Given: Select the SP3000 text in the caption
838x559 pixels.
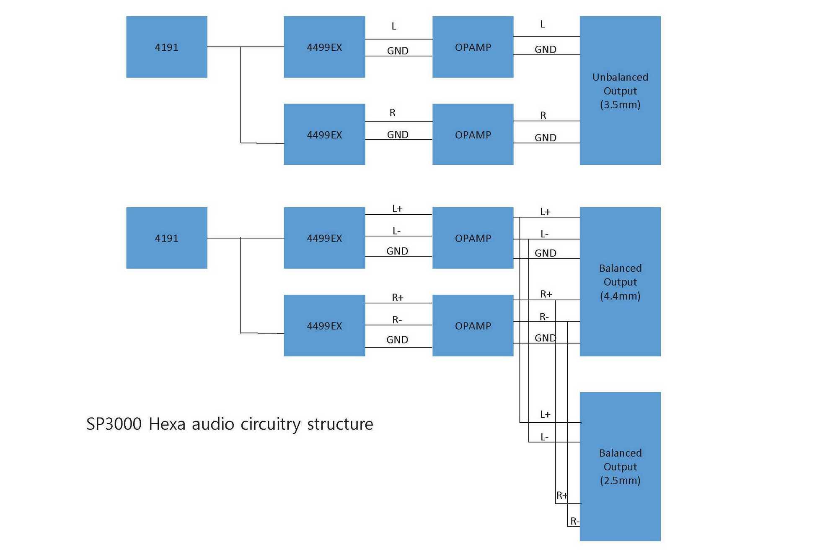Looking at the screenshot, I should point(114,424).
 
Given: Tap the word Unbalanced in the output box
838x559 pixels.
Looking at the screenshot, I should point(620,77).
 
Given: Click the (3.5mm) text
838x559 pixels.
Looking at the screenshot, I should point(620,104).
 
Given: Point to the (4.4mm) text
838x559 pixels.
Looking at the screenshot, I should point(620,296).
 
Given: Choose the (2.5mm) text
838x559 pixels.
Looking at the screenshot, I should point(620,480).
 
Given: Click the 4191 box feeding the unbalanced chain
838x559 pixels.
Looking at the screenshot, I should point(167,47).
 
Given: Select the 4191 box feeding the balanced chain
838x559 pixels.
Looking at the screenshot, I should point(167,238).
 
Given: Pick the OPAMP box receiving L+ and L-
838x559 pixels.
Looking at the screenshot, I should point(473,238).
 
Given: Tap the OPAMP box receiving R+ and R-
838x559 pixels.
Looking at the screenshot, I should point(473,325).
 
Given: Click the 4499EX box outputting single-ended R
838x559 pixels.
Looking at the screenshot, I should point(324,134).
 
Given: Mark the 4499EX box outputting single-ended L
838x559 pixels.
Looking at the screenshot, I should point(324,47).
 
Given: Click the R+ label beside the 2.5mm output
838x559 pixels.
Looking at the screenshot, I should point(562,496).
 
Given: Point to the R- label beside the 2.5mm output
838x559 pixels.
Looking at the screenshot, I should point(574,521).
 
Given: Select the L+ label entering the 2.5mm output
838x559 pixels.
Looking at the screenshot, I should point(545,415).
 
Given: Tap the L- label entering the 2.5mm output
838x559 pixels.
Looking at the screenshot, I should point(544,437).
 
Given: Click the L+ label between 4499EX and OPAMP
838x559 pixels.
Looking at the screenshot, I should point(397,208).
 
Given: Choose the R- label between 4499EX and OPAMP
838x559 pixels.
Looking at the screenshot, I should point(397,320).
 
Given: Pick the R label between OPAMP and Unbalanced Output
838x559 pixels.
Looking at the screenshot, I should point(543,115).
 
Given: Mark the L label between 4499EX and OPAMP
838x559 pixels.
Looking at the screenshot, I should point(394,26).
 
